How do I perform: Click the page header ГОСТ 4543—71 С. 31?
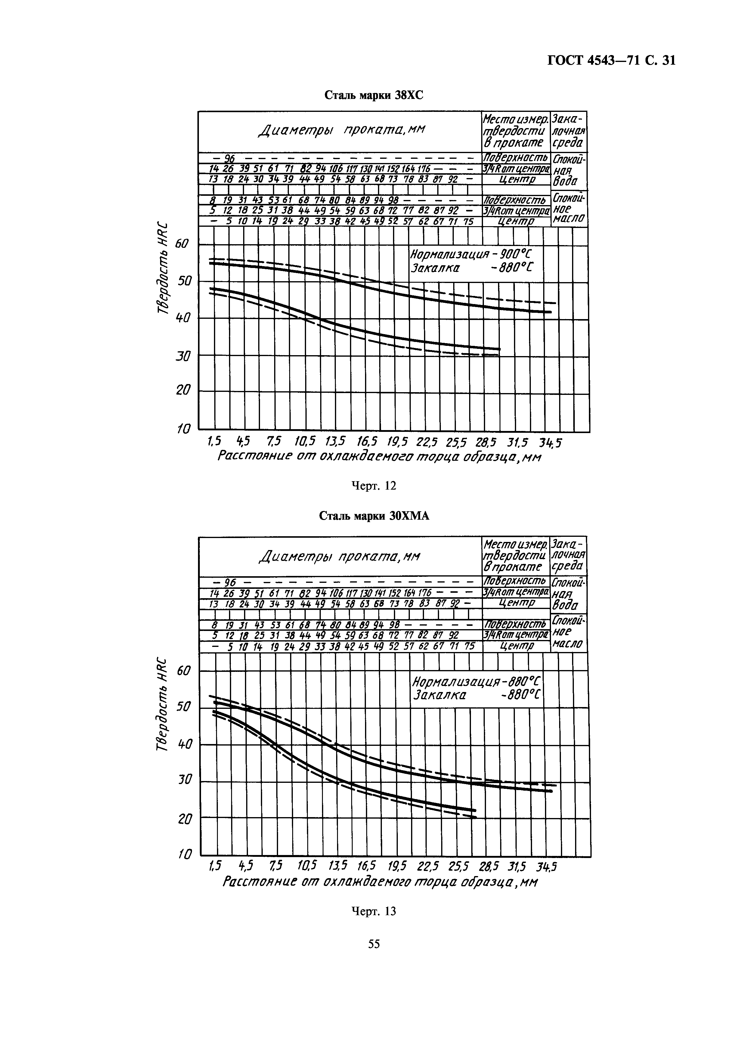[x=611, y=61]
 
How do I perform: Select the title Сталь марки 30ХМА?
[x=374, y=516]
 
